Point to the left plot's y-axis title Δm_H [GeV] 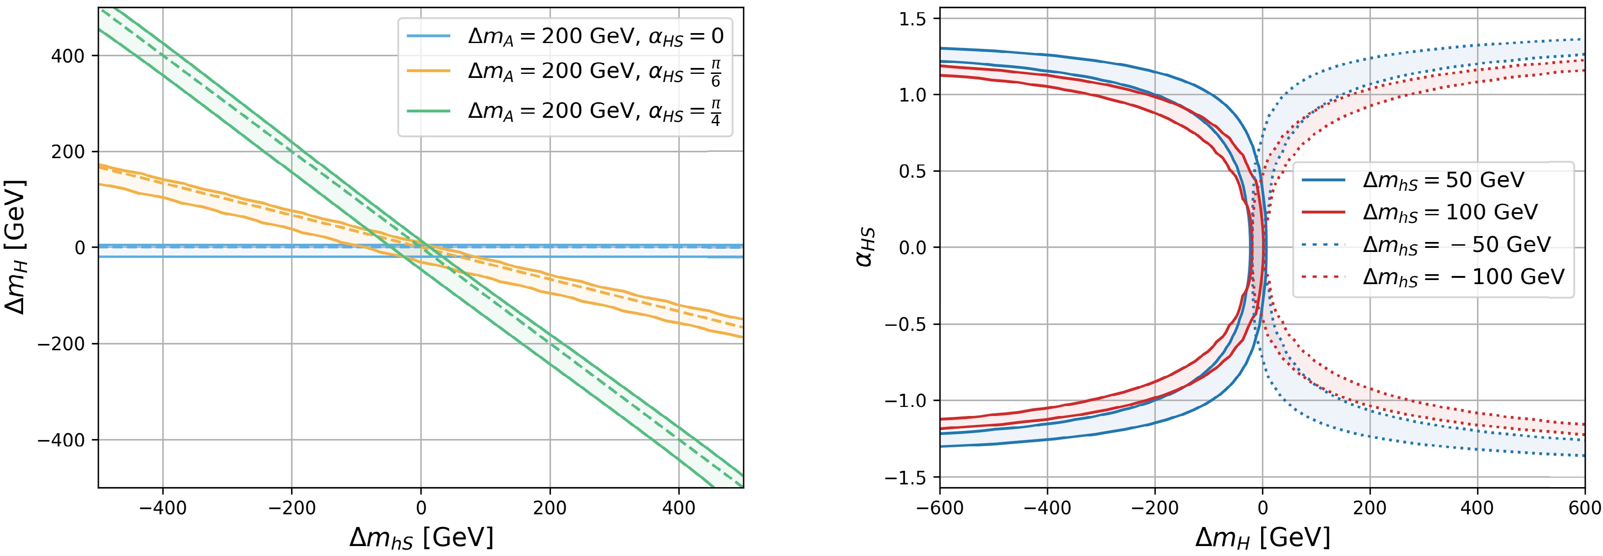tap(15, 247)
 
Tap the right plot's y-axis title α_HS tap(865, 247)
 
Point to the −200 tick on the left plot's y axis tap(61, 344)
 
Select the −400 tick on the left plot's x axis tap(162, 508)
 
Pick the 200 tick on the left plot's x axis tap(550, 508)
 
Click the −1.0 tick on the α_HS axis tap(906, 401)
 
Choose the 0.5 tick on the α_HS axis tap(912, 171)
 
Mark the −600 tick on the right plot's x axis tap(940, 508)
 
